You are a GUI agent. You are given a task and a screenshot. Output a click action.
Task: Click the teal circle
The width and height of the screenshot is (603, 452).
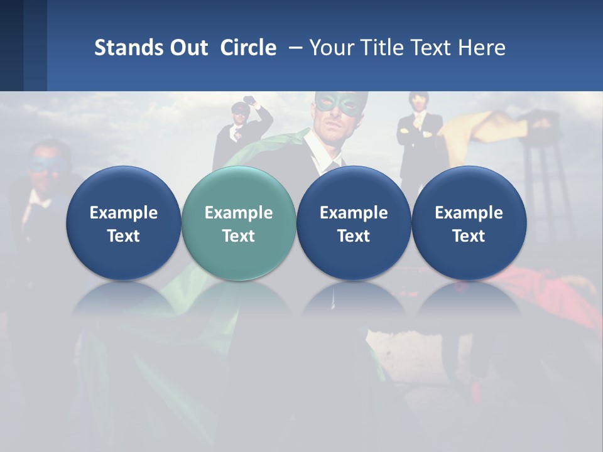coord(238,223)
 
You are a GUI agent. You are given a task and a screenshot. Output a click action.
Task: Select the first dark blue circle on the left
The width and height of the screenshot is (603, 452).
coord(123,223)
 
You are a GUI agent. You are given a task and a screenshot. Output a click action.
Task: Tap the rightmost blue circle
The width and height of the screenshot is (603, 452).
coord(469,223)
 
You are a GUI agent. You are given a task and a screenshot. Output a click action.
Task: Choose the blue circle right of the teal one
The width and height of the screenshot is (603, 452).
coord(353,223)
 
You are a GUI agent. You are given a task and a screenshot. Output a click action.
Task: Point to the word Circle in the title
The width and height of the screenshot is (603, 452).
coord(248,48)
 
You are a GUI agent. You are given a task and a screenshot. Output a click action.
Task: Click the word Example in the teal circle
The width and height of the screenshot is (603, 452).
coord(238,213)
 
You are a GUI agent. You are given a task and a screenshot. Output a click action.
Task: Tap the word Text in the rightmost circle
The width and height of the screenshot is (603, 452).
coord(469,236)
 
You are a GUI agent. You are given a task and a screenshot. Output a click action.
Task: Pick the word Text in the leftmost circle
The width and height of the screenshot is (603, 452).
coord(123,236)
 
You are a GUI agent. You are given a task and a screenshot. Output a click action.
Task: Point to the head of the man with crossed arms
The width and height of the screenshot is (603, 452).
coord(418,100)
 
